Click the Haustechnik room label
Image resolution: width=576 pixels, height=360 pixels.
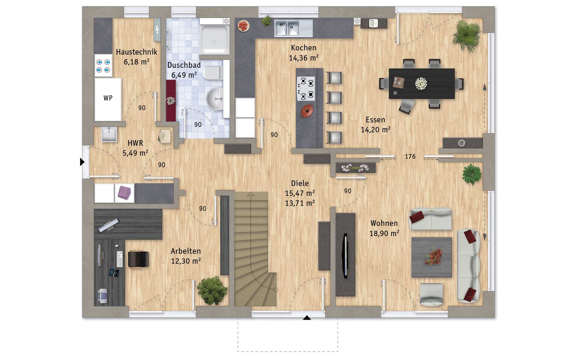coord(136,52)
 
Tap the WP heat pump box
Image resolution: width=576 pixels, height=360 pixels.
coord(108,99)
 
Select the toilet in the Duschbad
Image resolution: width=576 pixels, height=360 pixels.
coord(212,73)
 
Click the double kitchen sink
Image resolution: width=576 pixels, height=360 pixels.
coord(286,28)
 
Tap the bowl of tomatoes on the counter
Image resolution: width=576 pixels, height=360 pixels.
coord(243,26)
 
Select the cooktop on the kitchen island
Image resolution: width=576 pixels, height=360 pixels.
coord(306,88)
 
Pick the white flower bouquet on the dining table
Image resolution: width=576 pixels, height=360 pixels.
coord(421,83)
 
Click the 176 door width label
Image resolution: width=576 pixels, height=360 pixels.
coord(410,157)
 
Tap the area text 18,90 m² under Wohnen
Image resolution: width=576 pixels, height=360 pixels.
coord(384,233)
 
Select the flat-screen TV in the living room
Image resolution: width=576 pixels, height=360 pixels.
coord(345,255)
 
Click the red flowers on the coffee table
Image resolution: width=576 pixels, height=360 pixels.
coord(433,256)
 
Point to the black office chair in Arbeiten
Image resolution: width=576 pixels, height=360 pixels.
coord(138,259)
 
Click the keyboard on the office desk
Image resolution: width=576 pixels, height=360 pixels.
coord(120,259)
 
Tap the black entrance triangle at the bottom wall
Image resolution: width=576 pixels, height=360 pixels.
coord(307,318)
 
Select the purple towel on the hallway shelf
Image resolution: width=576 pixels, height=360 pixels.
coord(124,192)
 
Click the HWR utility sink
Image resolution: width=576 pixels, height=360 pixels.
coord(109,134)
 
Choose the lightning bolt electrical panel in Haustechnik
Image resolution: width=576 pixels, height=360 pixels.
coord(157,30)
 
